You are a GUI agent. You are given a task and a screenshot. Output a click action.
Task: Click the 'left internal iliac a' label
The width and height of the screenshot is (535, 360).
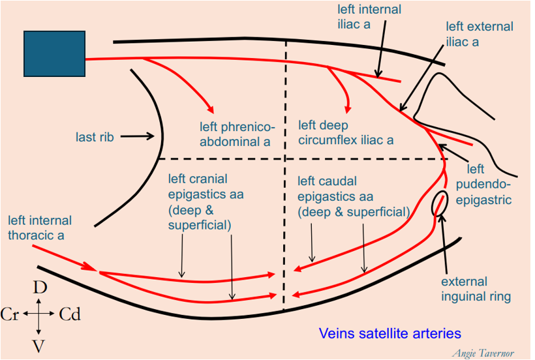click(x=369, y=18)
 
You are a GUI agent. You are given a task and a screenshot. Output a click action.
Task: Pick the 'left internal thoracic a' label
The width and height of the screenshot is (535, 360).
click(x=40, y=228)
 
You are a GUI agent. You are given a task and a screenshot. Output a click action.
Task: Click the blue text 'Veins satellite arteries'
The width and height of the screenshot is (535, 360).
click(x=390, y=334)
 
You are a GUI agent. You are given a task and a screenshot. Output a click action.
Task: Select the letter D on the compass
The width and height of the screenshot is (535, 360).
click(x=40, y=288)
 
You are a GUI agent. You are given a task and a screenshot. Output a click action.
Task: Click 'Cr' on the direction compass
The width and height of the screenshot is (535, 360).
click(x=10, y=314)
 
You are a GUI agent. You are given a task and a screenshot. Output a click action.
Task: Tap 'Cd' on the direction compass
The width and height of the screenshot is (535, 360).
click(x=69, y=314)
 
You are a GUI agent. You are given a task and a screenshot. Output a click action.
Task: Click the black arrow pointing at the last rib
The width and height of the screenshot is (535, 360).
click(x=138, y=137)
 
